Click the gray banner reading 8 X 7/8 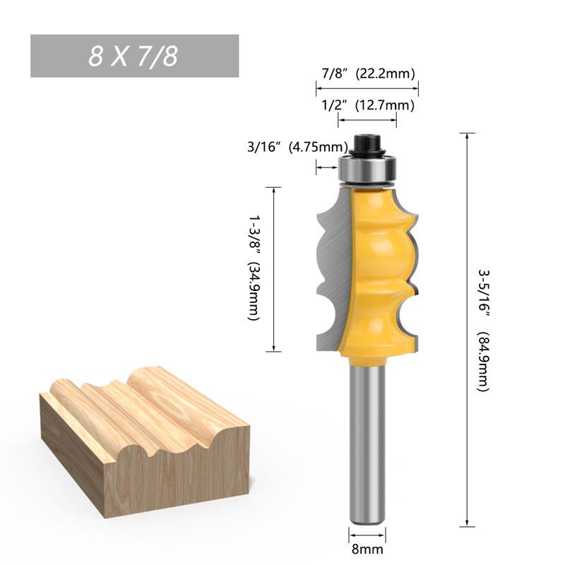(134, 56)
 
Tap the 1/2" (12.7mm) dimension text (367, 105)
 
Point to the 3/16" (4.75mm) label (297, 148)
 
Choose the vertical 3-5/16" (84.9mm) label (484, 329)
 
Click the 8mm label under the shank (367, 547)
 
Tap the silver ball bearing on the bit (367, 169)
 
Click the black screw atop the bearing (367, 143)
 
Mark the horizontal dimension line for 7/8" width (367, 88)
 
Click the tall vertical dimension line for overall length (465, 329)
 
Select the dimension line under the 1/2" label (367, 120)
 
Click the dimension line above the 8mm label (367, 530)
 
